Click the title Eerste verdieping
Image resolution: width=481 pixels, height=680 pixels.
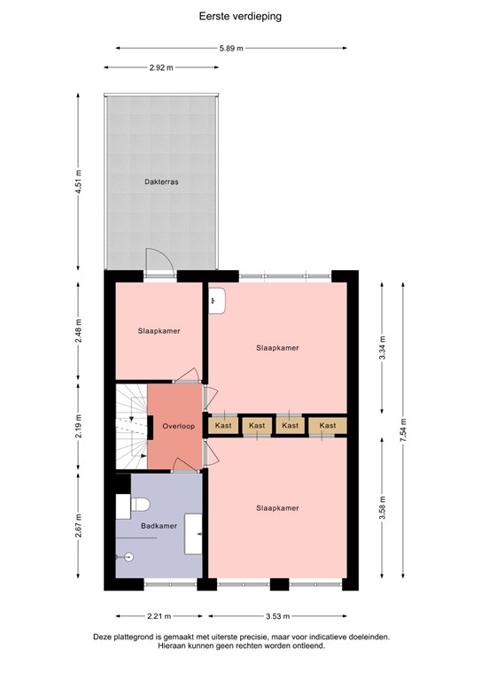(240, 15)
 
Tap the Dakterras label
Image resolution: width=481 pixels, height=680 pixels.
(162, 182)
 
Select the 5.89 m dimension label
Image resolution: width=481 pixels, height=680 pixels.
(232, 49)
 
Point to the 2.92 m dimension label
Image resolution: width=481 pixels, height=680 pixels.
(160, 67)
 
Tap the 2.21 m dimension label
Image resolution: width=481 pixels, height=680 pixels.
(159, 617)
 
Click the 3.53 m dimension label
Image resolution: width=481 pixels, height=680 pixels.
(277, 617)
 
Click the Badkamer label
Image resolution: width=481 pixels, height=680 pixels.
(159, 526)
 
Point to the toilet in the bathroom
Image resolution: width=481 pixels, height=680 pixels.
(139, 506)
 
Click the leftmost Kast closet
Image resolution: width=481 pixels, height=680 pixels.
(222, 426)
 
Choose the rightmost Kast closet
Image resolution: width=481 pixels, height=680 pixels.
(328, 426)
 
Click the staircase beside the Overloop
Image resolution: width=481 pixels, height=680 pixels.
(130, 425)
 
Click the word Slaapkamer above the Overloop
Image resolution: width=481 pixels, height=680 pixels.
(159, 331)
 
